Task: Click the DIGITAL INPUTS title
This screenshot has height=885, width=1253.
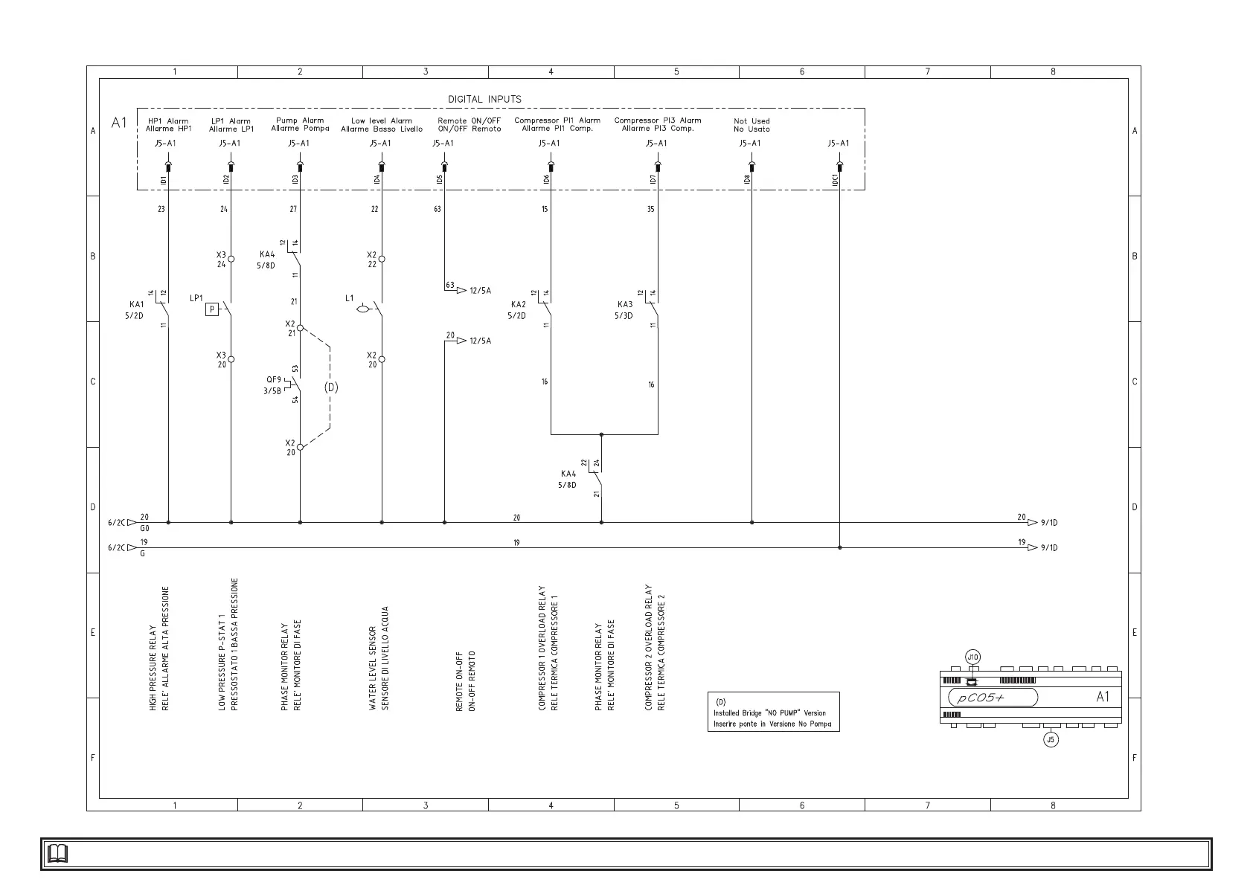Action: [484, 99]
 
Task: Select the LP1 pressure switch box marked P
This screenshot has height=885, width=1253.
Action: [212, 309]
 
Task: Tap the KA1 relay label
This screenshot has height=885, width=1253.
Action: [137, 304]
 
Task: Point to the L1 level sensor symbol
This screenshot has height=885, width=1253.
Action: [363, 308]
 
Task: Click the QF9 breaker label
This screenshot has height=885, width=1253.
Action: [273, 380]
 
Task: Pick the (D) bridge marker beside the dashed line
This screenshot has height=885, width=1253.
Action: [331, 387]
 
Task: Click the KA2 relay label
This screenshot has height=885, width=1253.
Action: [518, 304]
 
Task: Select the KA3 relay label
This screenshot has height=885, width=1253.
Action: [625, 304]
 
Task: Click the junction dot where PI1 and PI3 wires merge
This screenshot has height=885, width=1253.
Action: [601, 434]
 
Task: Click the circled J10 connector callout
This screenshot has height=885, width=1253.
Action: [972, 657]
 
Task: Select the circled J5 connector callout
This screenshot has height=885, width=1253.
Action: [1051, 739]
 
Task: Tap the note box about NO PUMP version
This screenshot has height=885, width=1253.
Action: [773, 712]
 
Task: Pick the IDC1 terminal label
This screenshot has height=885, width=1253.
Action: [836, 179]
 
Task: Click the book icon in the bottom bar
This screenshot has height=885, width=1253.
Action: [57, 854]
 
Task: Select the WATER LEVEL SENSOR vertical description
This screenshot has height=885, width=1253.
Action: [379, 658]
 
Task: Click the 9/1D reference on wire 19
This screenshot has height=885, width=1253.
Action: [1048, 548]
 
